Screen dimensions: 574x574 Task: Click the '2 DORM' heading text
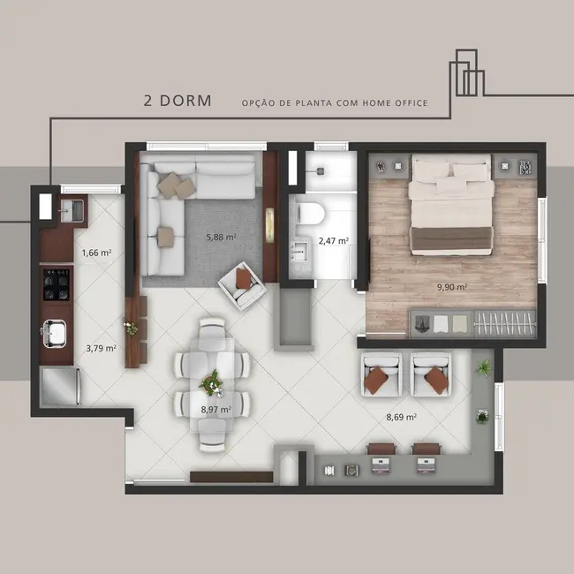(x=177, y=101)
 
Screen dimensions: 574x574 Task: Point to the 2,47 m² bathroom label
(x=333, y=240)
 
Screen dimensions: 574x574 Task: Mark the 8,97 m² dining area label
(x=215, y=410)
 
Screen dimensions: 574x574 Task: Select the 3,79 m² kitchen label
(x=101, y=348)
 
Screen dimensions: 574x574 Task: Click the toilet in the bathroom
(x=310, y=213)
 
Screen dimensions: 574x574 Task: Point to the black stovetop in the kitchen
(x=57, y=283)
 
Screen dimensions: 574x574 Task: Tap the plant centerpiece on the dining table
(x=212, y=384)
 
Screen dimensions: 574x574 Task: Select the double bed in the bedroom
(x=451, y=205)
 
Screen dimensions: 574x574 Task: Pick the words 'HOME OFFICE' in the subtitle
(x=395, y=103)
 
